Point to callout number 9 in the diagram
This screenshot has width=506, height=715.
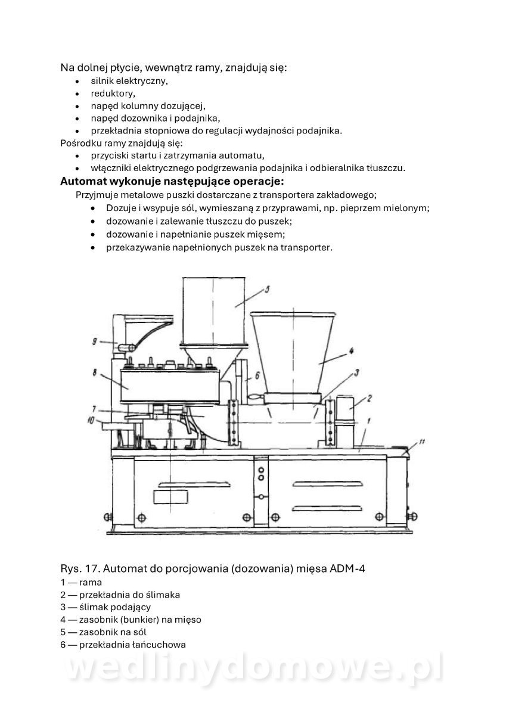tap(95, 341)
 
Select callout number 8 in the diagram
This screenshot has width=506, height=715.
tap(95, 374)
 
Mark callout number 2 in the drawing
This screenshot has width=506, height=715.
tap(370, 397)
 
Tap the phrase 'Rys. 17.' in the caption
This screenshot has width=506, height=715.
tap(79, 568)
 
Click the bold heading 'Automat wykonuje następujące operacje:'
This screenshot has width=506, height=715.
tap(172, 180)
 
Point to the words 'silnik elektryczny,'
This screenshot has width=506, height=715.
tap(129, 80)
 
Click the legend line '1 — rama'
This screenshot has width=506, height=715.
tap(81, 582)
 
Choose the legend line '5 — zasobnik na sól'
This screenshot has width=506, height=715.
tap(103, 632)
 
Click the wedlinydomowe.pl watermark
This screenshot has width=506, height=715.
tap(253, 670)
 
